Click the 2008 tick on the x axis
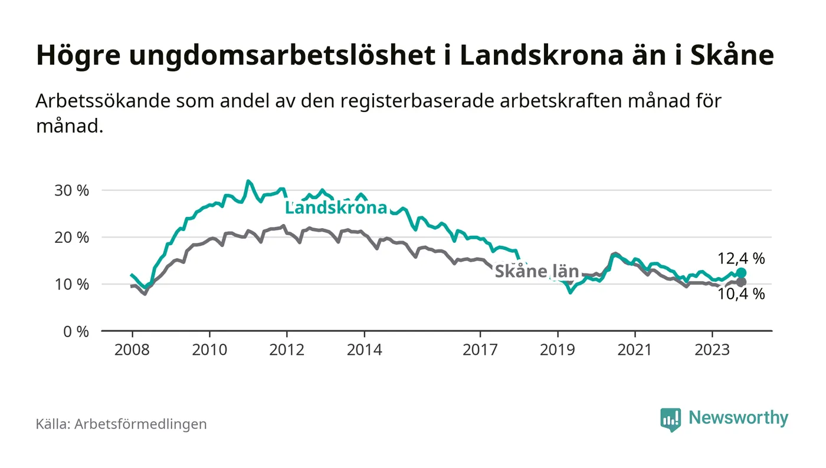coord(132,350)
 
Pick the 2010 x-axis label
coord(209,350)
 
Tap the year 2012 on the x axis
coord(287,350)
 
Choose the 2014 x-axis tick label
coord(365,350)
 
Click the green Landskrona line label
coord(336,207)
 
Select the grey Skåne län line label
coord(536,272)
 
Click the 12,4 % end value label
coord(741,258)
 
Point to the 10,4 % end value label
coord(741,294)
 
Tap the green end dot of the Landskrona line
coord(742,273)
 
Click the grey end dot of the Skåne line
coord(742,282)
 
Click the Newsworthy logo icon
coord(670,419)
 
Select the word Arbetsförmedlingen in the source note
coord(140,424)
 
